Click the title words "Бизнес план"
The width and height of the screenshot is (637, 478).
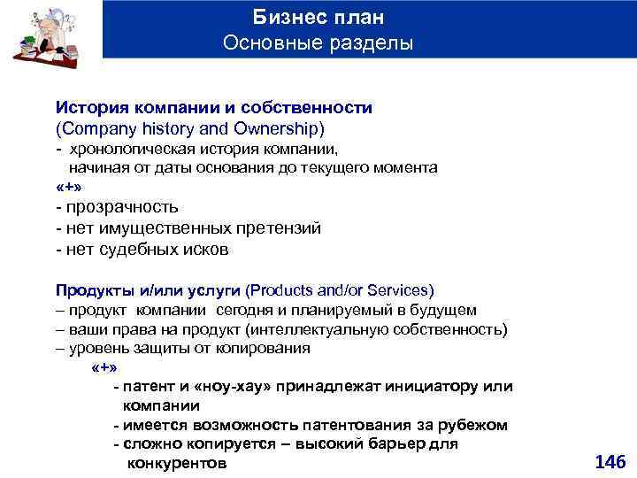tap(318, 18)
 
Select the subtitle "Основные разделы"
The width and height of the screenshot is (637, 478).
tap(318, 42)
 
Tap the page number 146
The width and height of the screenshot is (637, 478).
tap(610, 461)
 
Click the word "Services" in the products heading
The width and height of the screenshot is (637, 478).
tap(399, 290)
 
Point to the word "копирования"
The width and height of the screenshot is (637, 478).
tap(265, 349)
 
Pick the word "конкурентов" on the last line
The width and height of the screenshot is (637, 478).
tap(178, 463)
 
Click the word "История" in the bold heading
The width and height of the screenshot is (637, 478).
tap(89, 107)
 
